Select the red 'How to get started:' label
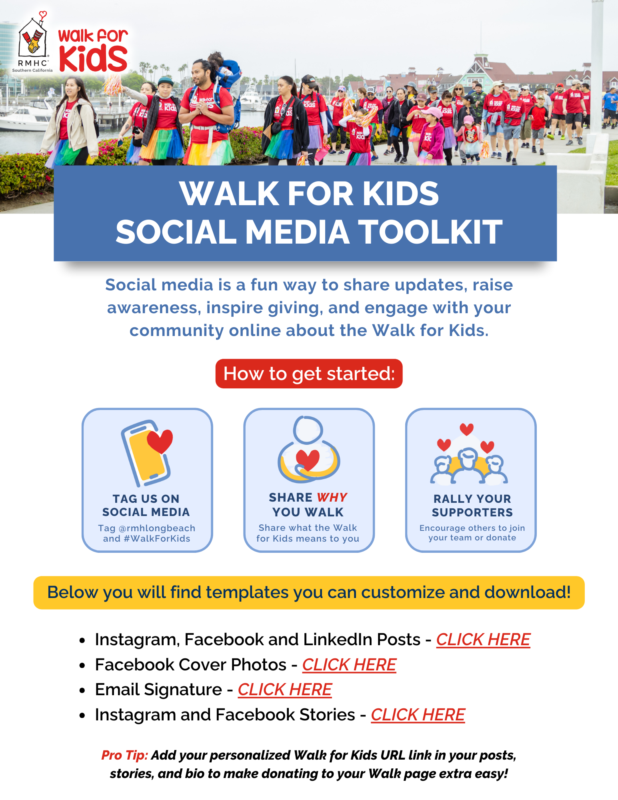click(x=309, y=374)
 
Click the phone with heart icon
click(x=147, y=452)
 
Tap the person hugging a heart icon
click(x=308, y=450)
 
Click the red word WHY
click(x=332, y=497)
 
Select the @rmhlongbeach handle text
click(x=157, y=528)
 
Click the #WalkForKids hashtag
click(x=157, y=538)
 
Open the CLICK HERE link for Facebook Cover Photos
click(x=349, y=665)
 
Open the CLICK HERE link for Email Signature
click(x=285, y=690)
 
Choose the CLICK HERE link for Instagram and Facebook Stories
click(x=418, y=715)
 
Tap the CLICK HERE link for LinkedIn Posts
click(x=483, y=640)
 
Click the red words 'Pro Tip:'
click(x=124, y=755)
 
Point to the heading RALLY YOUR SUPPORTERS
click(x=472, y=506)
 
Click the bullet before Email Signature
click(x=82, y=690)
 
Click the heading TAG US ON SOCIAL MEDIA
click(x=146, y=505)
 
